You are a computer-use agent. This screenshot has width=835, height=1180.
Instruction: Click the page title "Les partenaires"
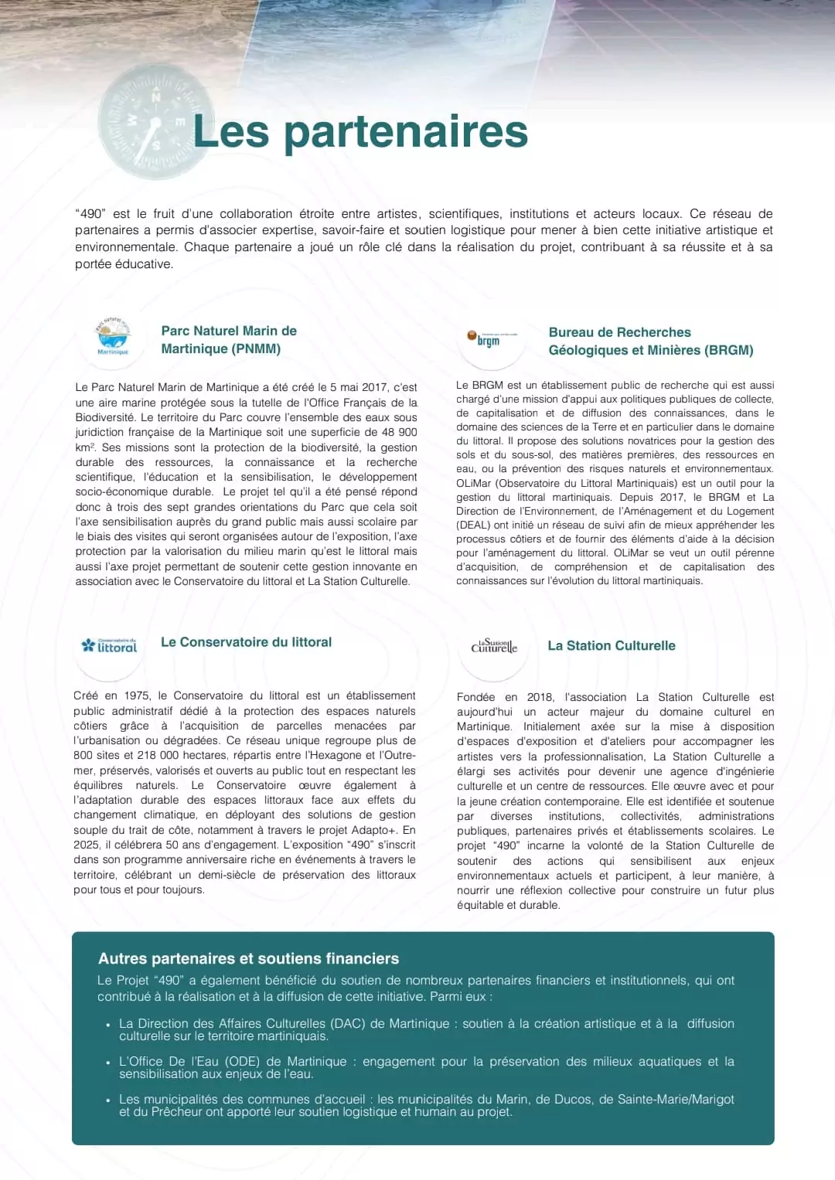(x=360, y=131)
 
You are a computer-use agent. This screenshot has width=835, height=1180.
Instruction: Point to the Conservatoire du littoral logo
(x=110, y=645)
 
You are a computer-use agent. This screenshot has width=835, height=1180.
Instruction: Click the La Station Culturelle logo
(x=494, y=646)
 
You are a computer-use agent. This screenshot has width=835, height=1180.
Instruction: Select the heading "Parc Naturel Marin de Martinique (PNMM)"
(x=229, y=340)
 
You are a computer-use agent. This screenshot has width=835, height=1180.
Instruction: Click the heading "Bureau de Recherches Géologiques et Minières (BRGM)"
(x=650, y=341)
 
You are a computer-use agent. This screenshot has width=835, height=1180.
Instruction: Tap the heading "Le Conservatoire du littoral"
(x=246, y=642)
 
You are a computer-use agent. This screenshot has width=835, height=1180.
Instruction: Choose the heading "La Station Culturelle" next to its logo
(x=611, y=646)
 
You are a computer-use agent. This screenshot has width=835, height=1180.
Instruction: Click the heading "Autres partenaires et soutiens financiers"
(x=248, y=958)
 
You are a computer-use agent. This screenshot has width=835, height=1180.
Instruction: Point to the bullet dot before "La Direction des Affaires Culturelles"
(x=108, y=1025)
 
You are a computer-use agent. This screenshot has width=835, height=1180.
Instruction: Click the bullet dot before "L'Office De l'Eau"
(x=108, y=1063)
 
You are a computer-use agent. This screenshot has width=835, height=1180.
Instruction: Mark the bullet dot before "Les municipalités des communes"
(x=108, y=1100)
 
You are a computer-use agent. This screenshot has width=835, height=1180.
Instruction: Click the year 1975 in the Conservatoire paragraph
(x=137, y=695)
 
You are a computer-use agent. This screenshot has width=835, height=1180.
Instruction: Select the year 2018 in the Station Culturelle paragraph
(x=540, y=697)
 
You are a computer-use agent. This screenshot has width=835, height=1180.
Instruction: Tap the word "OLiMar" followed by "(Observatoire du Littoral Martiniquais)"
(x=474, y=483)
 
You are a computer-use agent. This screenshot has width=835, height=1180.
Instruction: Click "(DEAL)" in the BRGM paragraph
(x=473, y=525)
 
